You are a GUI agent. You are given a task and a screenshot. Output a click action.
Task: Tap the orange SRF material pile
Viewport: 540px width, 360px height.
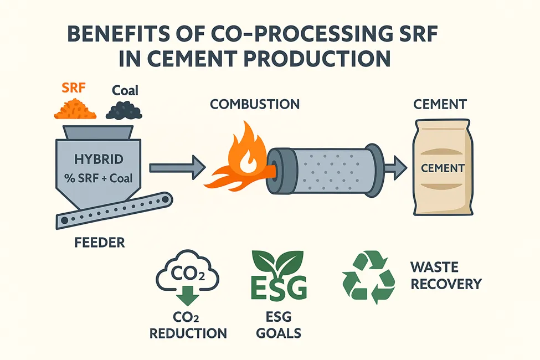coord(74,109)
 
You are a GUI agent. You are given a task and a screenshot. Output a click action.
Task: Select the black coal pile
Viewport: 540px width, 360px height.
coord(124,111)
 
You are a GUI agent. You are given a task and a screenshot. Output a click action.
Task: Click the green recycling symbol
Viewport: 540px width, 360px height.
coord(368,277)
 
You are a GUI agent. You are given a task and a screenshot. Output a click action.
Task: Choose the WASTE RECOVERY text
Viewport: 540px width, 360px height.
coord(445,276)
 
